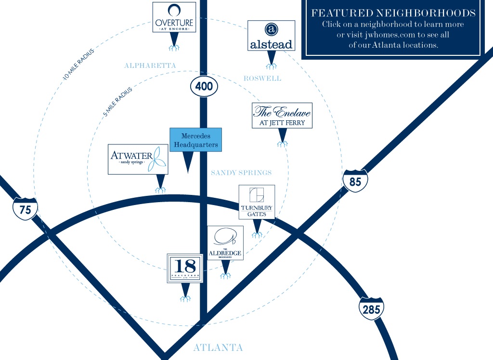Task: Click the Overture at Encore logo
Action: click(174, 18)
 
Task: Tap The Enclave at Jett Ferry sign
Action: click(282, 116)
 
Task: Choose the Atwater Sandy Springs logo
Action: click(138, 159)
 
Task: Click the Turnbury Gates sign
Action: click(257, 202)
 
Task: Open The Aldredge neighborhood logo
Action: click(225, 243)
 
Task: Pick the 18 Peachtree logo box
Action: click(185, 268)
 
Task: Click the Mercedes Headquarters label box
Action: click(196, 140)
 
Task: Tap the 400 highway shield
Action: click(204, 87)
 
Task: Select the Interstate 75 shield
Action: click(25, 209)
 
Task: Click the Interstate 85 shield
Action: click(355, 181)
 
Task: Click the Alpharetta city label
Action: click(150, 65)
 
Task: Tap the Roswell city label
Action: click(262, 78)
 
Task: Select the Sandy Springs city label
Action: click(241, 173)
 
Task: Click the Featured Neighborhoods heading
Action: click(393, 13)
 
